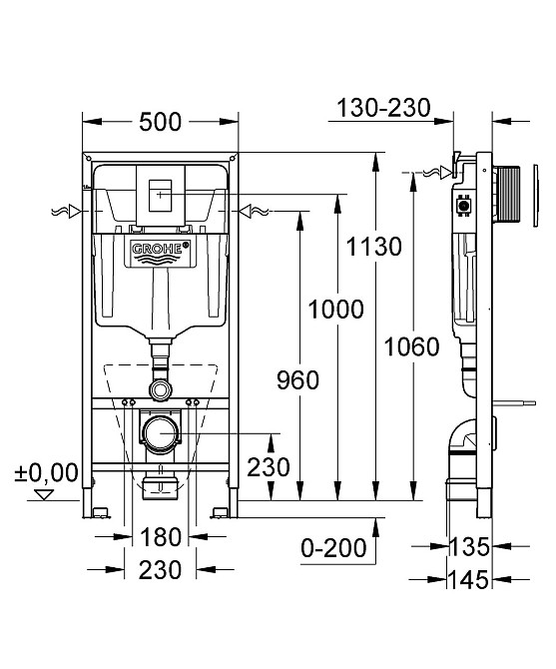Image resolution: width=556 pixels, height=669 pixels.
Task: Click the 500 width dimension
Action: point(160,122)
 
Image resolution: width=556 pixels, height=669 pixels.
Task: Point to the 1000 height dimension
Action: point(336,309)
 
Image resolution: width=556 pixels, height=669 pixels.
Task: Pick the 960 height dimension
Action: point(296,379)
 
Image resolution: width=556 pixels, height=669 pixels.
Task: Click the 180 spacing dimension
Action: point(161,536)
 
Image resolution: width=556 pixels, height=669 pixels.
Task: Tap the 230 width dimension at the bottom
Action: point(161,570)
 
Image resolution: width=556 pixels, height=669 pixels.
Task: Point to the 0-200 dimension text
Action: point(333,547)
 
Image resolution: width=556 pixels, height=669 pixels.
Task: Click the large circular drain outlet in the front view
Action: point(160,432)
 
